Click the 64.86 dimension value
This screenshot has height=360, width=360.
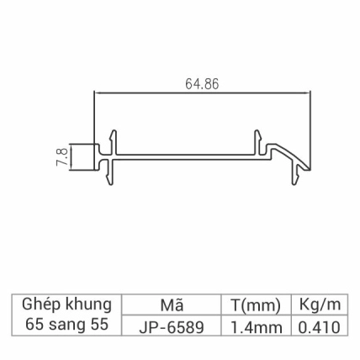click(x=203, y=84)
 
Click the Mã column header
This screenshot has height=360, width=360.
click(x=171, y=304)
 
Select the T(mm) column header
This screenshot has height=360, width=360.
click(x=254, y=304)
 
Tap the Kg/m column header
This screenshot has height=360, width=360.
click(x=319, y=304)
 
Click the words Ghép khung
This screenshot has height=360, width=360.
click(x=66, y=304)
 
